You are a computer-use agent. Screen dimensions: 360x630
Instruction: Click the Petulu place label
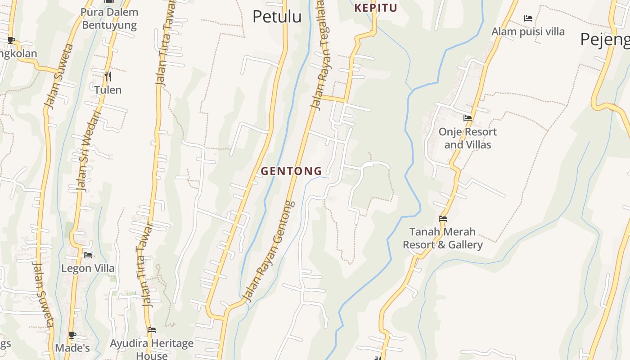tap(277, 17)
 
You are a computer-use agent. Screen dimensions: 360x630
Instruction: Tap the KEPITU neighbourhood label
tap(376, 8)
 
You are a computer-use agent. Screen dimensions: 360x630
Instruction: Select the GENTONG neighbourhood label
tap(292, 171)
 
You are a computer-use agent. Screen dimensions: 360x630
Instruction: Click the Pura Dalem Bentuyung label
tap(109, 18)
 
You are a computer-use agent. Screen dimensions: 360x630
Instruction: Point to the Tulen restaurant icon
tap(108, 76)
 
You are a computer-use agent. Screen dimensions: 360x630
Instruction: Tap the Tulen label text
tap(108, 90)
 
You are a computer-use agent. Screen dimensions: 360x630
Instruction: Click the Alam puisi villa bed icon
tap(528, 18)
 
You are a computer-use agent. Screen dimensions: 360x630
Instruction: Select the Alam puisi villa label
tap(528, 31)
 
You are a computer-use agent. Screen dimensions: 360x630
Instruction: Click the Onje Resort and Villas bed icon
tap(468, 119)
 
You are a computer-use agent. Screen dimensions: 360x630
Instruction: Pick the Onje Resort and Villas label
tap(468, 138)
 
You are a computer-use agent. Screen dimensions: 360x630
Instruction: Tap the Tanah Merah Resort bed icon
tap(443, 219)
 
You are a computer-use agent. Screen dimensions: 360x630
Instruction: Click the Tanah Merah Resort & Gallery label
tap(443, 238)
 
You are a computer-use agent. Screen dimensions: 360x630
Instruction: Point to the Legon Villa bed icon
tap(88, 255)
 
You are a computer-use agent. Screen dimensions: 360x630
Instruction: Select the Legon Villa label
tap(88, 269)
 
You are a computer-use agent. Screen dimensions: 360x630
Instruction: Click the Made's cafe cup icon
tap(72, 335)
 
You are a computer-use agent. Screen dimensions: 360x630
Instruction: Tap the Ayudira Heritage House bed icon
tap(152, 330)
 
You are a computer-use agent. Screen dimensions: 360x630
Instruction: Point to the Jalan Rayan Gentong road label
tap(269, 251)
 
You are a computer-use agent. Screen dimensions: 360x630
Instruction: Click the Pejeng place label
tap(605, 40)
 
